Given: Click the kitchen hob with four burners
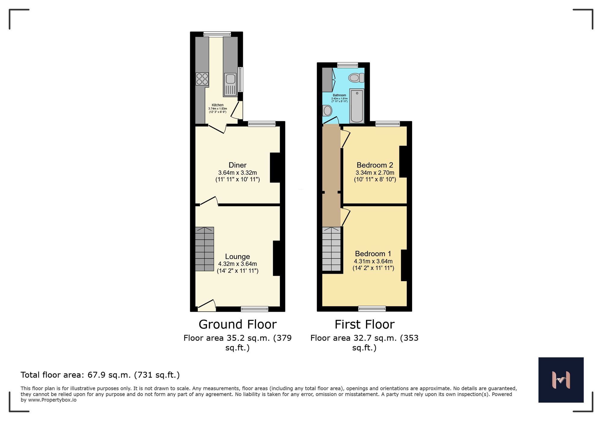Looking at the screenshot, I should pos(202,79).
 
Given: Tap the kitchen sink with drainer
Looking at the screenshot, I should pos(230,85).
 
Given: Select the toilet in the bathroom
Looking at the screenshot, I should pos(356,78).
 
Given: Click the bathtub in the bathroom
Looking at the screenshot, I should pos(357,106).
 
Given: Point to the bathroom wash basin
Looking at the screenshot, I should pos(327,111).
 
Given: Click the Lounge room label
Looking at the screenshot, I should pos(237,257).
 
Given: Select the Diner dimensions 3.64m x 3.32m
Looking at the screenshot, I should pos(237,173).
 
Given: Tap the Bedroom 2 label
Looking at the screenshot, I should pos(375,165).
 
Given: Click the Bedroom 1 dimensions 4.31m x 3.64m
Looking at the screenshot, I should pos(373,261).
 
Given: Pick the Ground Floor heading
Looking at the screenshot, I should pos(237,324).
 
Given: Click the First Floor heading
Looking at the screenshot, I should pos(364,324).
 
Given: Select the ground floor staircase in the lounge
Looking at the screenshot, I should pos(204,249).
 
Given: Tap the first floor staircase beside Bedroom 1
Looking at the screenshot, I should pos(331,249).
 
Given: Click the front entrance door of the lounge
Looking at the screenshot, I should pos(207,306).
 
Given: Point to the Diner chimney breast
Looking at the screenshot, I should pos(275,167).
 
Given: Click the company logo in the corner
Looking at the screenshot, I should pos(561,380).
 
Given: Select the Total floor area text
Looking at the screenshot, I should pos(100,375).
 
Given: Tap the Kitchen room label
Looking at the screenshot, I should pos(218,105).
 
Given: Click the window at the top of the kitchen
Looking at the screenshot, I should pos(217,34).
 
